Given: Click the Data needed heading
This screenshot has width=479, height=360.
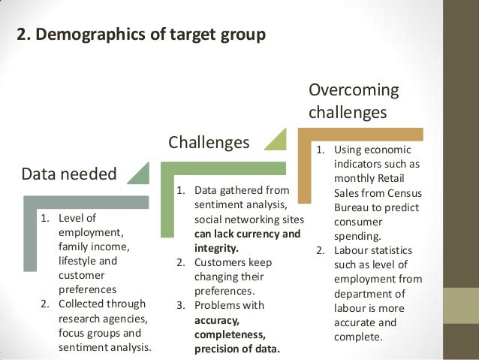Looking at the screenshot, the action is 69,174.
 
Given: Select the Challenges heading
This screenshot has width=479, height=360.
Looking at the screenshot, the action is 208,143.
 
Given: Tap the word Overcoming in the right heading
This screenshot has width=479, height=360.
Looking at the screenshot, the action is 354,90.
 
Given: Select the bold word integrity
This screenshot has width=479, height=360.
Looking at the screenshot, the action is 215,247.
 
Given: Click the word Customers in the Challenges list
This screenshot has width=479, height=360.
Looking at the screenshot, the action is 221,262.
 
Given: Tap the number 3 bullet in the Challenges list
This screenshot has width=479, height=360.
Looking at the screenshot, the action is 180,305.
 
